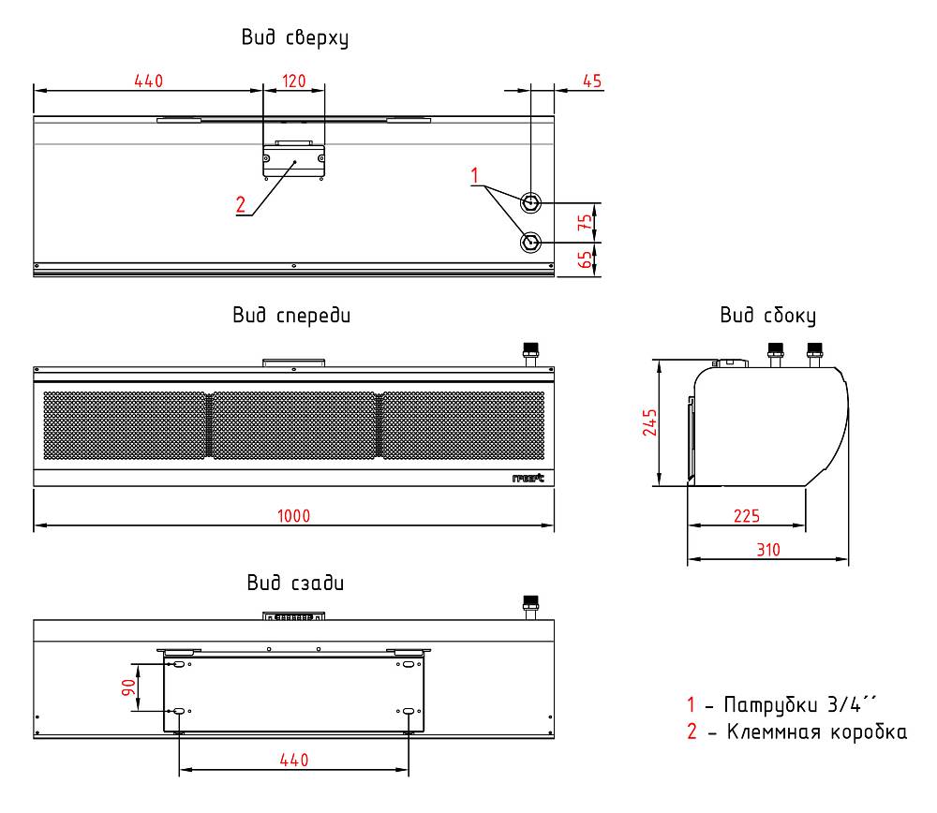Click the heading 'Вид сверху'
[294, 37]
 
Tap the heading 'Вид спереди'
[291, 316]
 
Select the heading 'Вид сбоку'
[768, 316]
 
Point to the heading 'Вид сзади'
[295, 583]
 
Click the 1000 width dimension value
[293, 515]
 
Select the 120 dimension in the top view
[293, 81]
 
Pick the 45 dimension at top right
[591, 81]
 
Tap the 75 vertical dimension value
[585, 222]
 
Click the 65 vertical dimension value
[585, 259]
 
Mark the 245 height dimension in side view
[649, 422]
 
